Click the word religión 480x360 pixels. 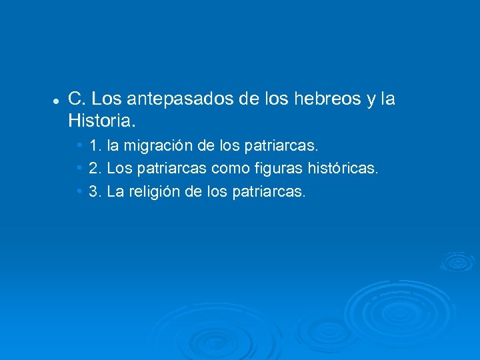pyautogui.click(x=159, y=192)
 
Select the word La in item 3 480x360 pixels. pyautogui.click(x=115, y=192)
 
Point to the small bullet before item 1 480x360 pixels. pyautogui.click(x=79, y=145)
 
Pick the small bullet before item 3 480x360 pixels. pyautogui.click(x=79, y=192)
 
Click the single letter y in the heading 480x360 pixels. pyautogui.click(x=371, y=101)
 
